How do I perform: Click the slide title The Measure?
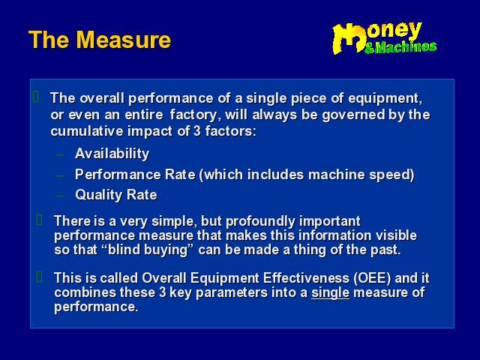coord(100,40)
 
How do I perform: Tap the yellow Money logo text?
coord(377,36)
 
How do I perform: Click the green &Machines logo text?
coord(400,47)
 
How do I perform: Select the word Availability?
coord(112,154)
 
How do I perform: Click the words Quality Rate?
coord(116,195)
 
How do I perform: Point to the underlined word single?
coord(330,292)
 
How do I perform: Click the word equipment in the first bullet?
coord(385,98)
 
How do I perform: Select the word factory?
coord(196,115)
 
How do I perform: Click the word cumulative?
coord(87,131)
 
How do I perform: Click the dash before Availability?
coord(60,154)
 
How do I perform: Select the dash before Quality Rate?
coord(60,196)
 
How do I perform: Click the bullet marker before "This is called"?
coord(39,277)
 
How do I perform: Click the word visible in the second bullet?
coord(397,235)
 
